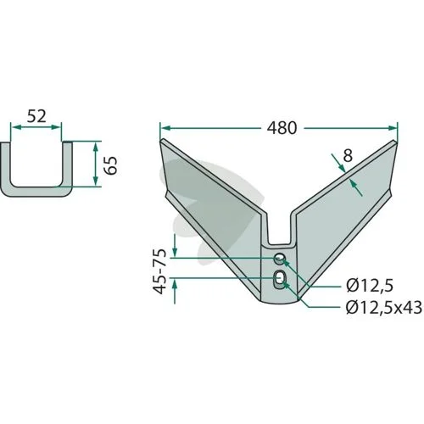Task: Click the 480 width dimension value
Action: pos(282,128)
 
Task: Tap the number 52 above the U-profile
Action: pos(36,116)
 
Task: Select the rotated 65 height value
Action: pos(110,165)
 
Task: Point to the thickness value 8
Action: pos(348,155)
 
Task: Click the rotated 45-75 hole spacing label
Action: pos(159,271)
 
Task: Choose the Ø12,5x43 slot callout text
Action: pos(384,307)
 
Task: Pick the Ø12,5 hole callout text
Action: pos(370,286)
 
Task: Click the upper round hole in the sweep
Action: pos(280,259)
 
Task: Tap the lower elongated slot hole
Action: pos(279,280)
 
